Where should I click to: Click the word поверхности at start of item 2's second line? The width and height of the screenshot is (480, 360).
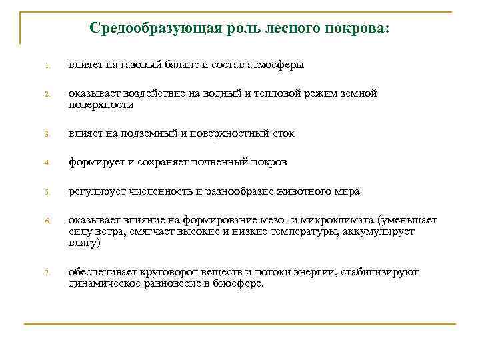point(101,105)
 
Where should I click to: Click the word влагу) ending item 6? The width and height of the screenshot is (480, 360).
point(84,243)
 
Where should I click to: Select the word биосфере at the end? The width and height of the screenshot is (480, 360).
point(240,283)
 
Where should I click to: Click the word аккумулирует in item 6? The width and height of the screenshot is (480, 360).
point(380,232)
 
